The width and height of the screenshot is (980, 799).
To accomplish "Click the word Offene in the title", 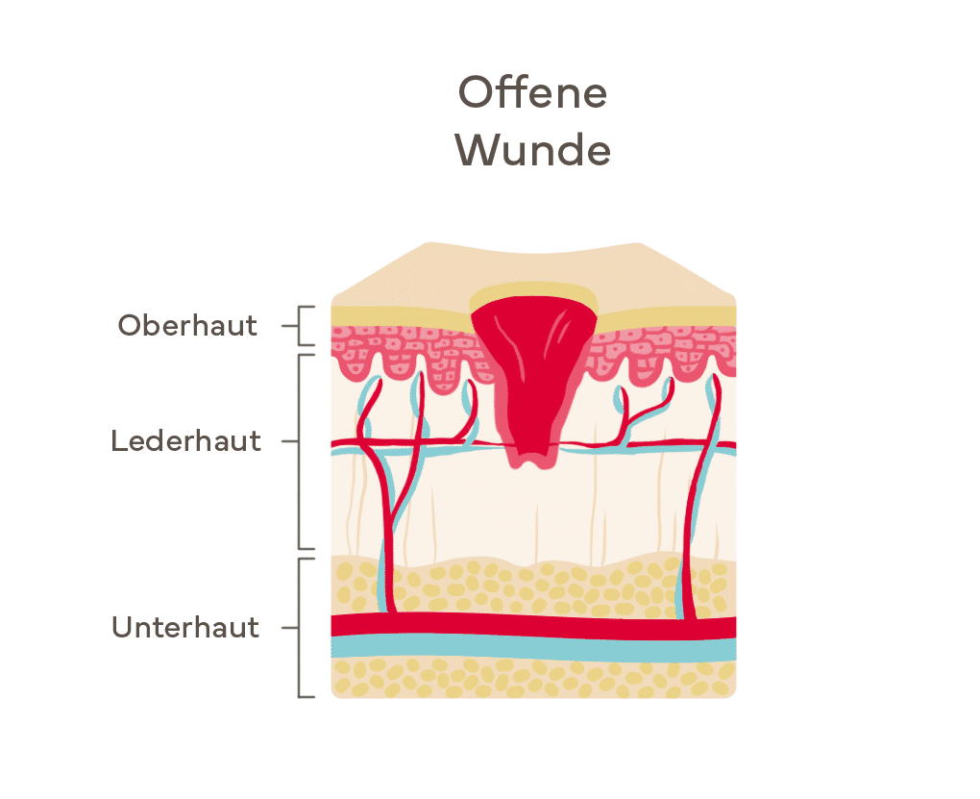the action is pos(532,92).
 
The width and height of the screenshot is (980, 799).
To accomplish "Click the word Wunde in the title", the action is pos(532,150).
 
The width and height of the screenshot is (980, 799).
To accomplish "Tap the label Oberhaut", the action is pos(187,325).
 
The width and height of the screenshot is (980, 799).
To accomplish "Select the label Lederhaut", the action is pos(185,441).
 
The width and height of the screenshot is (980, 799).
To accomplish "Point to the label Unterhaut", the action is pos(185,627).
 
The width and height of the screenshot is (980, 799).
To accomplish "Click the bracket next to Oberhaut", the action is pos(299,326).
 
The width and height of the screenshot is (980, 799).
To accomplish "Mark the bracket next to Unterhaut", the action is pos(299,628).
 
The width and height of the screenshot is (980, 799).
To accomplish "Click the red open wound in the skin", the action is pos(531,369).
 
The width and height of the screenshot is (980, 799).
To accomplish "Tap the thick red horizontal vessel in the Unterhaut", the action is pos(533,626).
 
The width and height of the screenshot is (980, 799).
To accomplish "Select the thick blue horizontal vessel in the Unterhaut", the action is pos(533,648).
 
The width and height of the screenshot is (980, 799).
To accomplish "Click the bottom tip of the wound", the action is pos(531,466).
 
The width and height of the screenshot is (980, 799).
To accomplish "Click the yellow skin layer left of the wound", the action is pos(400,316).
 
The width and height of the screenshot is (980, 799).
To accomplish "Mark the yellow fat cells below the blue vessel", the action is pos(533,678).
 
